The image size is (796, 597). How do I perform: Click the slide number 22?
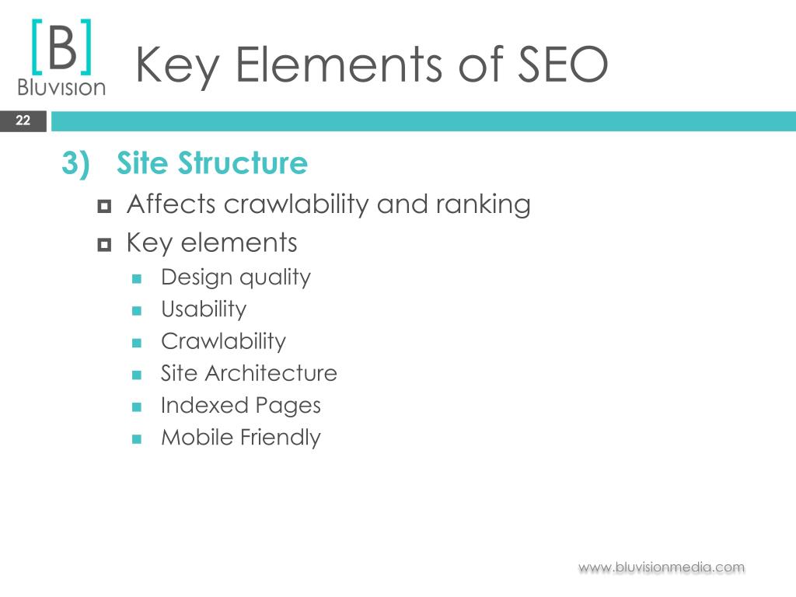tap(23, 120)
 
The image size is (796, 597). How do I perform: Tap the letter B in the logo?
tap(62, 48)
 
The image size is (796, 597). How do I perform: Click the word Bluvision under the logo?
tap(61, 87)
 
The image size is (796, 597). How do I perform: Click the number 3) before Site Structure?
tap(75, 163)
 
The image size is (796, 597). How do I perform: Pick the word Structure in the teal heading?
tap(243, 163)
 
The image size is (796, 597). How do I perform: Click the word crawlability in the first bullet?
tap(296, 205)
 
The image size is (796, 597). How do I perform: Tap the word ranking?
tap(484, 205)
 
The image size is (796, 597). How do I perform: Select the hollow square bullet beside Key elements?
tap(104, 245)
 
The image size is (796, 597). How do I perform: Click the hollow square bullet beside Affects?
tap(104, 206)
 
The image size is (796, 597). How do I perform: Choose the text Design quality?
tap(236, 278)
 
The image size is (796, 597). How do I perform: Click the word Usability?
tap(204, 309)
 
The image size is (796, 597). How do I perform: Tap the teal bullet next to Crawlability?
tap(137, 343)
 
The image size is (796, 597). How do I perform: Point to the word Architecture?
tap(271, 373)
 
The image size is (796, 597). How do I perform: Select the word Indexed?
tap(204, 405)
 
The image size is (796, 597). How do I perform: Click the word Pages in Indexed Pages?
tap(288, 406)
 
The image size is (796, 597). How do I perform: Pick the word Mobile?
tap(197, 437)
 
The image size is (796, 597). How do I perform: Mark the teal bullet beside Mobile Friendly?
tap(137, 438)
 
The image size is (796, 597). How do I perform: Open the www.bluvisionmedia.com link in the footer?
tap(662, 567)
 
